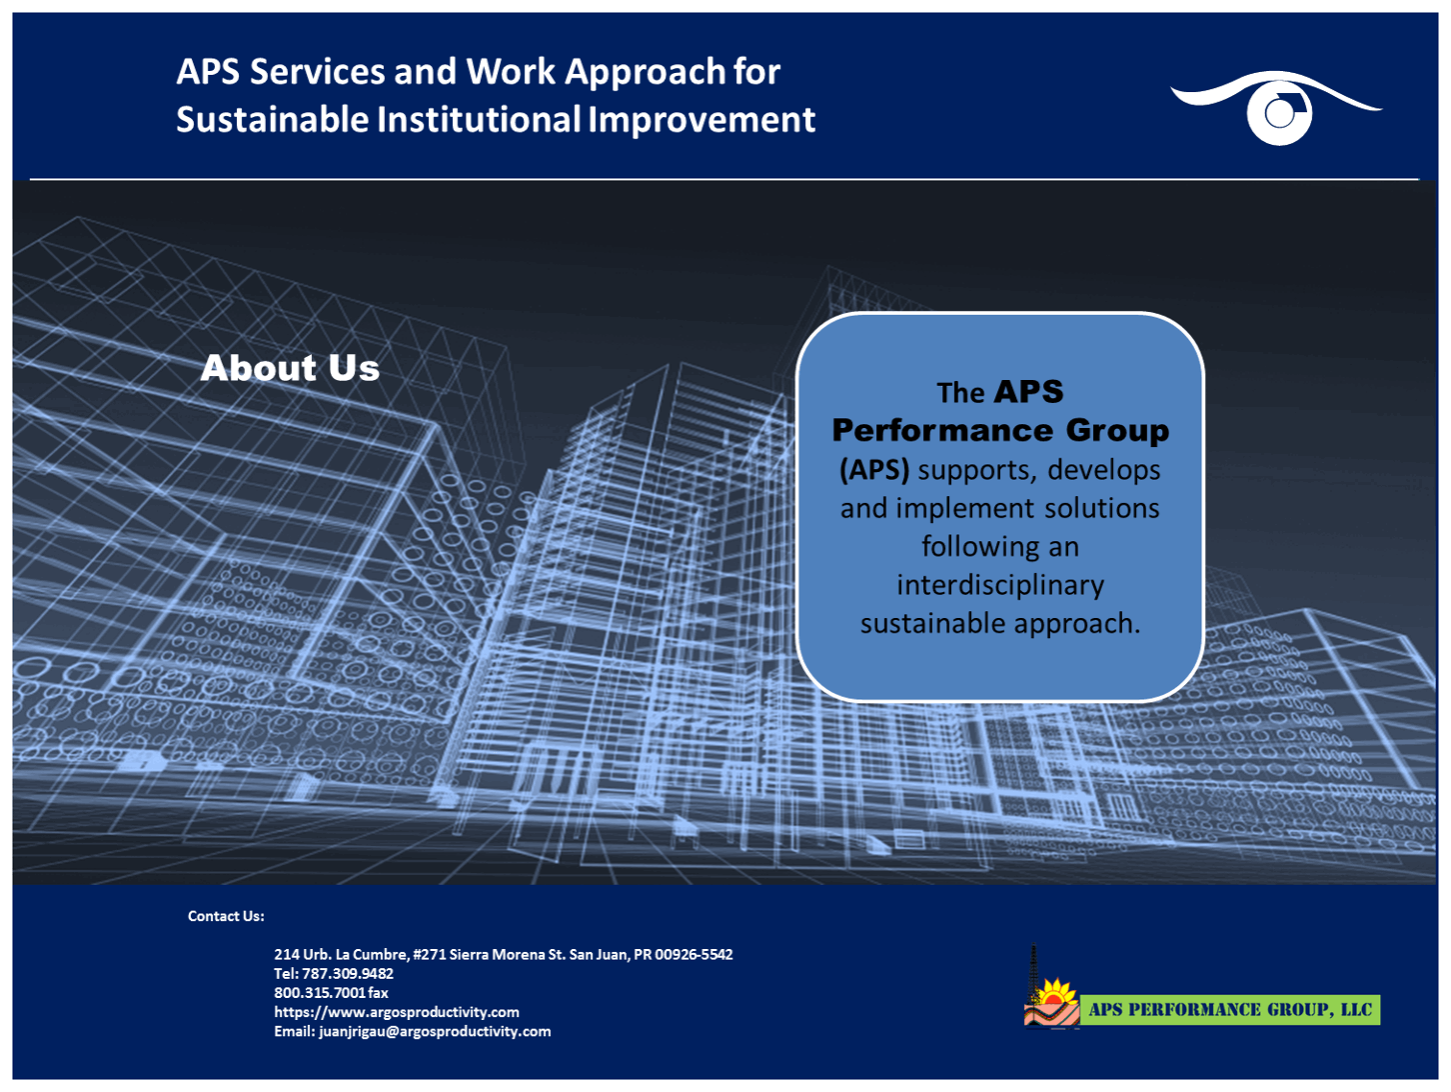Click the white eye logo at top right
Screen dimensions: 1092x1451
tap(1277, 108)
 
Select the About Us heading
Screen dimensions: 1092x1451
tap(290, 368)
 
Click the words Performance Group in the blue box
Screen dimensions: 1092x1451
tap(1000, 431)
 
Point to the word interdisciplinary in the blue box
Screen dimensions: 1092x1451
tap(1000, 585)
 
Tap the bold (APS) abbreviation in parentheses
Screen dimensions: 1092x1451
tap(874, 470)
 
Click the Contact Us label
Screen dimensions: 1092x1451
tap(226, 916)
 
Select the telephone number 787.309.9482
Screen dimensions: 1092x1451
tap(348, 973)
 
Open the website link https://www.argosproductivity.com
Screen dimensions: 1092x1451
tap(397, 1012)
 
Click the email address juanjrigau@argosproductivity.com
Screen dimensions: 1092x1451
tap(435, 1031)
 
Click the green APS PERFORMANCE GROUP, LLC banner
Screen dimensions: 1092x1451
tap(1229, 1010)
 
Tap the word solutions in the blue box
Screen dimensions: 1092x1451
tap(1102, 508)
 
